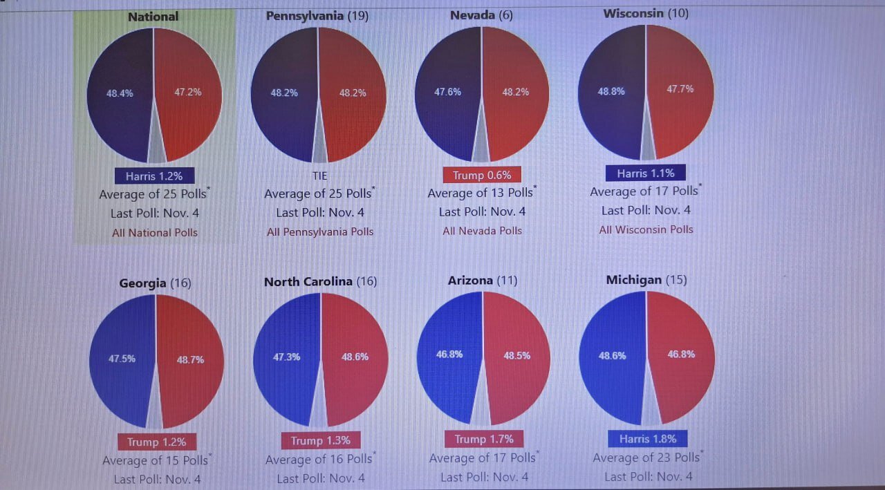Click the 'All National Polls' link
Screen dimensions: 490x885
[x=155, y=233]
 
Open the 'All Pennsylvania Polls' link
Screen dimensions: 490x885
[x=320, y=232]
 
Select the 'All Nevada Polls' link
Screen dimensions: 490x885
[x=483, y=231]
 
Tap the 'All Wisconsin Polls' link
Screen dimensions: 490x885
[x=646, y=229]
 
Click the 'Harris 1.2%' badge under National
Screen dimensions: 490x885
[x=154, y=176]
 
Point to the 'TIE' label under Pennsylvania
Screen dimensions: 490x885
[x=319, y=176]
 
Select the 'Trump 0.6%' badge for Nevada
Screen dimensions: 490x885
[x=482, y=176]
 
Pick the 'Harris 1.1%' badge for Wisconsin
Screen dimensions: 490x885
[x=646, y=173]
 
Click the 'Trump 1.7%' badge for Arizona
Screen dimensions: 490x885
[x=483, y=439]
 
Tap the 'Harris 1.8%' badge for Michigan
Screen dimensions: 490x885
[x=648, y=439]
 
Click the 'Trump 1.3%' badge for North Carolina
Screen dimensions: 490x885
[x=320, y=440]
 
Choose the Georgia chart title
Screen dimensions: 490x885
[x=155, y=283]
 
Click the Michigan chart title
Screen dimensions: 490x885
[x=646, y=280]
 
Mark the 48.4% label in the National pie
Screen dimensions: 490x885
[x=120, y=93]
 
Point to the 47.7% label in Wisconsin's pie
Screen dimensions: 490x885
[x=680, y=89]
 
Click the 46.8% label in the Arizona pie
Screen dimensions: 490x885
[x=449, y=355]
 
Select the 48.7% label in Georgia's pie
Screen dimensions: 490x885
[x=190, y=360]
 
